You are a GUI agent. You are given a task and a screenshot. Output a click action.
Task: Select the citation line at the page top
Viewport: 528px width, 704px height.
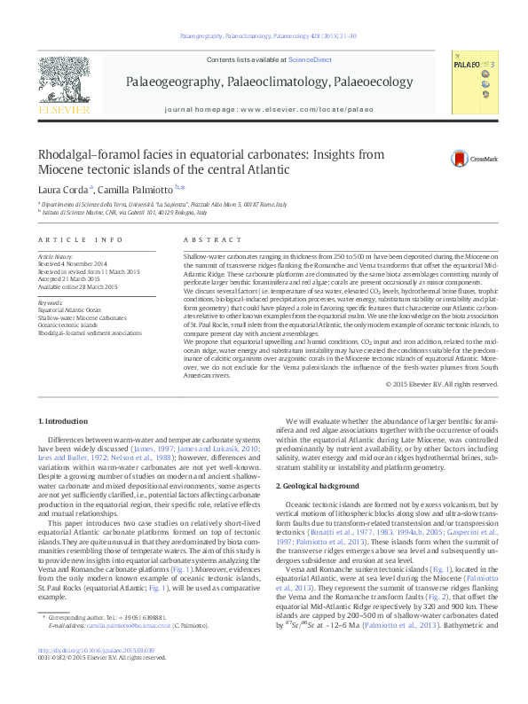(x=267, y=36)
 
